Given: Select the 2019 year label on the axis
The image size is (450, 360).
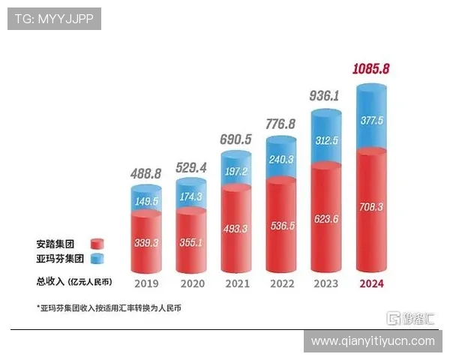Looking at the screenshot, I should point(147,284).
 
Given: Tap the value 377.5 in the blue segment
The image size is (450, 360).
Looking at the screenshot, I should point(373,121).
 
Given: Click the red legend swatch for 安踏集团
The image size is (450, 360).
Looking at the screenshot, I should point(97,244).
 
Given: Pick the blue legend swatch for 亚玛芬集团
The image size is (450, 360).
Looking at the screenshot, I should point(97,259).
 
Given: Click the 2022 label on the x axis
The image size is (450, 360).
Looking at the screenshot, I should point(282,284).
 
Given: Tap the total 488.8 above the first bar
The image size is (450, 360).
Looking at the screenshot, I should point(147,172).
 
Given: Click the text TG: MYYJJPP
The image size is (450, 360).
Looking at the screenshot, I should point(54,19).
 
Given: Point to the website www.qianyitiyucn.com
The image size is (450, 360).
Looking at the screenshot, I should point(373,340).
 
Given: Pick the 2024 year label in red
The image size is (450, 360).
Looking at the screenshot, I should point(373,284).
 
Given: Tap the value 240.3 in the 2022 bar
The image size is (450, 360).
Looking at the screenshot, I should point(283,160).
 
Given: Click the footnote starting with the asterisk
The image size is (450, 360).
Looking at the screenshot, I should point(109,308).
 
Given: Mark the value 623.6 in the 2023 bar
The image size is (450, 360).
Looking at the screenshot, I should point(328,218).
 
